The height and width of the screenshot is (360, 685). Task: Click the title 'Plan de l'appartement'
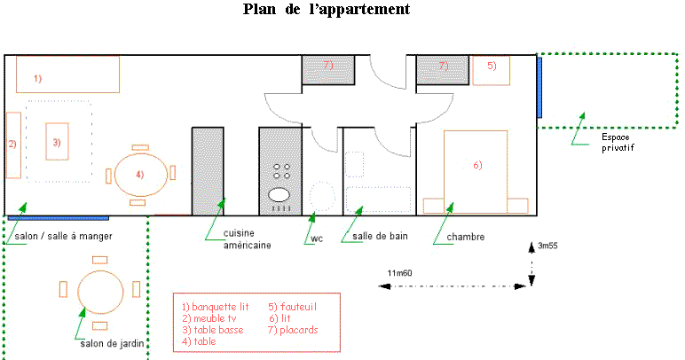(326, 11)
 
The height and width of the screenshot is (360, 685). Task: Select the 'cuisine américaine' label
(240, 240)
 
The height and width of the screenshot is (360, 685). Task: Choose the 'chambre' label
(465, 237)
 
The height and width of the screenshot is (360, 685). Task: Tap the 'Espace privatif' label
(618, 142)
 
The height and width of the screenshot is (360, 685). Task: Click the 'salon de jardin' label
(110, 343)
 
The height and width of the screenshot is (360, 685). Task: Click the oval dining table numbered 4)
(139, 174)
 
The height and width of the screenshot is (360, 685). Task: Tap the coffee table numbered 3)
(57, 141)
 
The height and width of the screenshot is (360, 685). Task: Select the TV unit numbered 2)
(13, 145)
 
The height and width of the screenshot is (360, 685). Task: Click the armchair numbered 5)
(491, 70)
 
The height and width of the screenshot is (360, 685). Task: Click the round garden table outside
(99, 289)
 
